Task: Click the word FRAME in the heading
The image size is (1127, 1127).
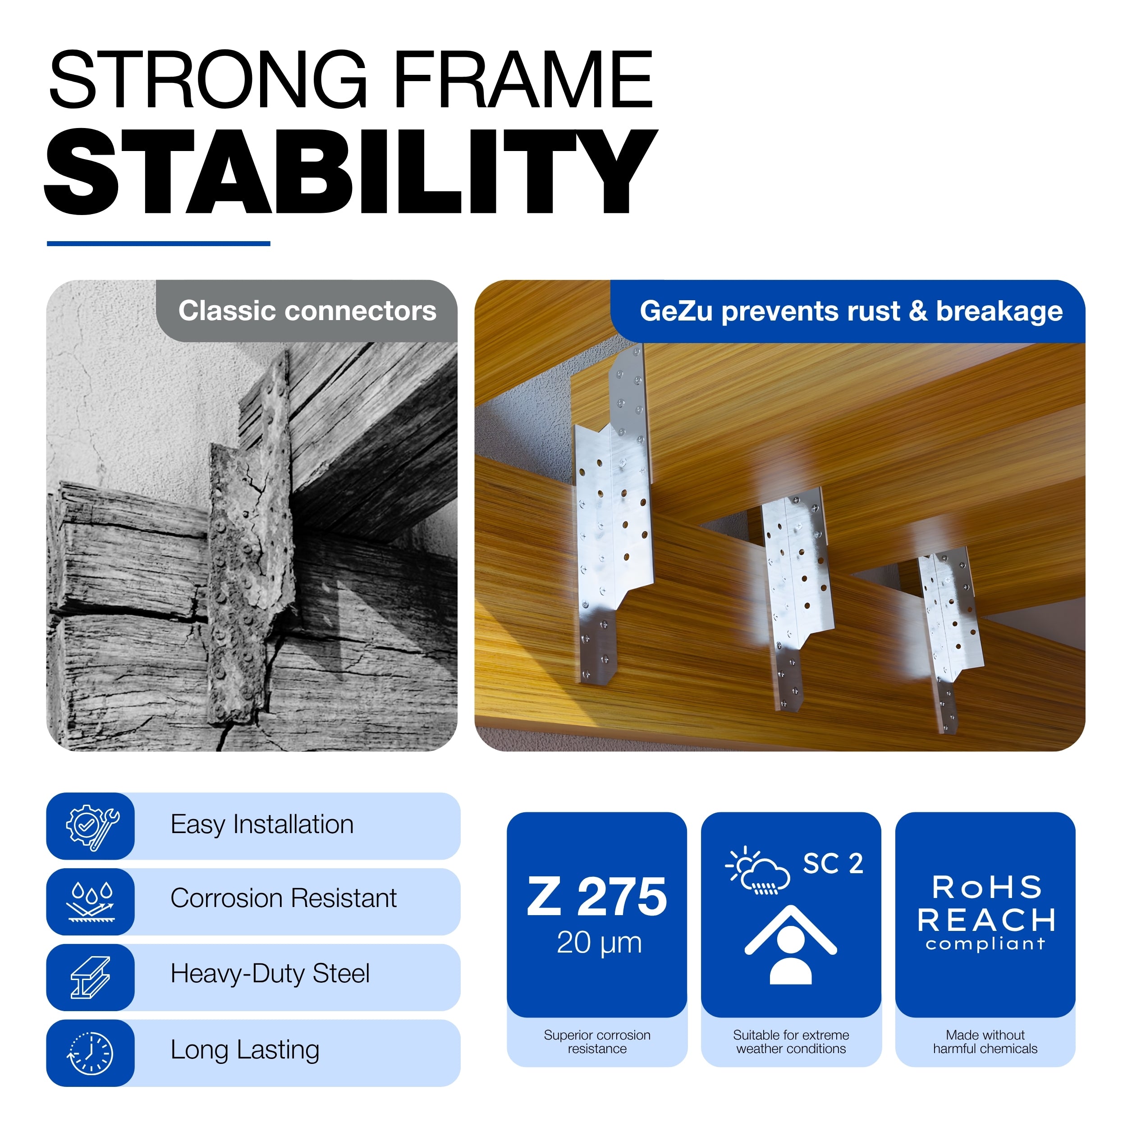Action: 523,79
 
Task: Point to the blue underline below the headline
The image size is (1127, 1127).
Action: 159,243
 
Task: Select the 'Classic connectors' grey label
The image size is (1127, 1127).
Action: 307,311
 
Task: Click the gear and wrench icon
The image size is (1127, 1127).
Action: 92,825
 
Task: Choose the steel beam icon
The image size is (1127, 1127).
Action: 91,977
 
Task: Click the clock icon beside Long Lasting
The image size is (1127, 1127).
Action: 91,1053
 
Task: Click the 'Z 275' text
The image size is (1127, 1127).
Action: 597,897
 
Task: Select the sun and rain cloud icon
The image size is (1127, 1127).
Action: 758,870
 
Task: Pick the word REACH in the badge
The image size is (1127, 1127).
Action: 986,921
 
